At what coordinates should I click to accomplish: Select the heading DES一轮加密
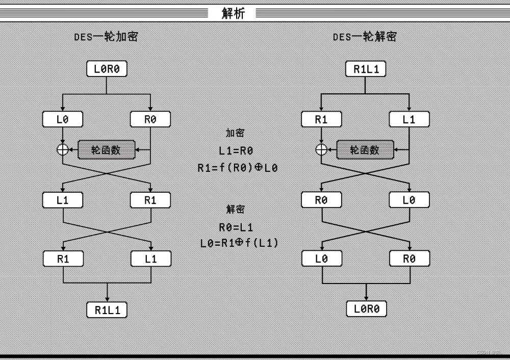[106, 37]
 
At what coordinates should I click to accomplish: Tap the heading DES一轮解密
[365, 37]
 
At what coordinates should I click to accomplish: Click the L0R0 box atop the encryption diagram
[107, 69]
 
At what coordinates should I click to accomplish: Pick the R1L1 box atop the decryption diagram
[365, 69]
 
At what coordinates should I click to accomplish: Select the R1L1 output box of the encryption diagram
[107, 310]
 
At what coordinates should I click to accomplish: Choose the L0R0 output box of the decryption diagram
[365, 308]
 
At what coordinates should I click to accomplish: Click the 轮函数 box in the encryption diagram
[107, 149]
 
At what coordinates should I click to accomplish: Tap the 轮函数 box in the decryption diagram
[365, 149]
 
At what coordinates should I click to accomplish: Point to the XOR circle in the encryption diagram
[62, 149]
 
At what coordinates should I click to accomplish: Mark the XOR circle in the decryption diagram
[321, 149]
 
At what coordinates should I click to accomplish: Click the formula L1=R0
[236, 151]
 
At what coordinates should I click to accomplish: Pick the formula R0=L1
[236, 227]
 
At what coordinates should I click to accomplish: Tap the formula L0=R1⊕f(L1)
[239, 243]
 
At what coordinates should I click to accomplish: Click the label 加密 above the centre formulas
[235, 133]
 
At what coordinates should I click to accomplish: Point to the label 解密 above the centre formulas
[235, 209]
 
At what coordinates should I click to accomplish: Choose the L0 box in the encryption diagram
[62, 120]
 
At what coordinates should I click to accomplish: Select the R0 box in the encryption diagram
[150, 120]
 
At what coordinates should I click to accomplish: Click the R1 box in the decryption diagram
[321, 120]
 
